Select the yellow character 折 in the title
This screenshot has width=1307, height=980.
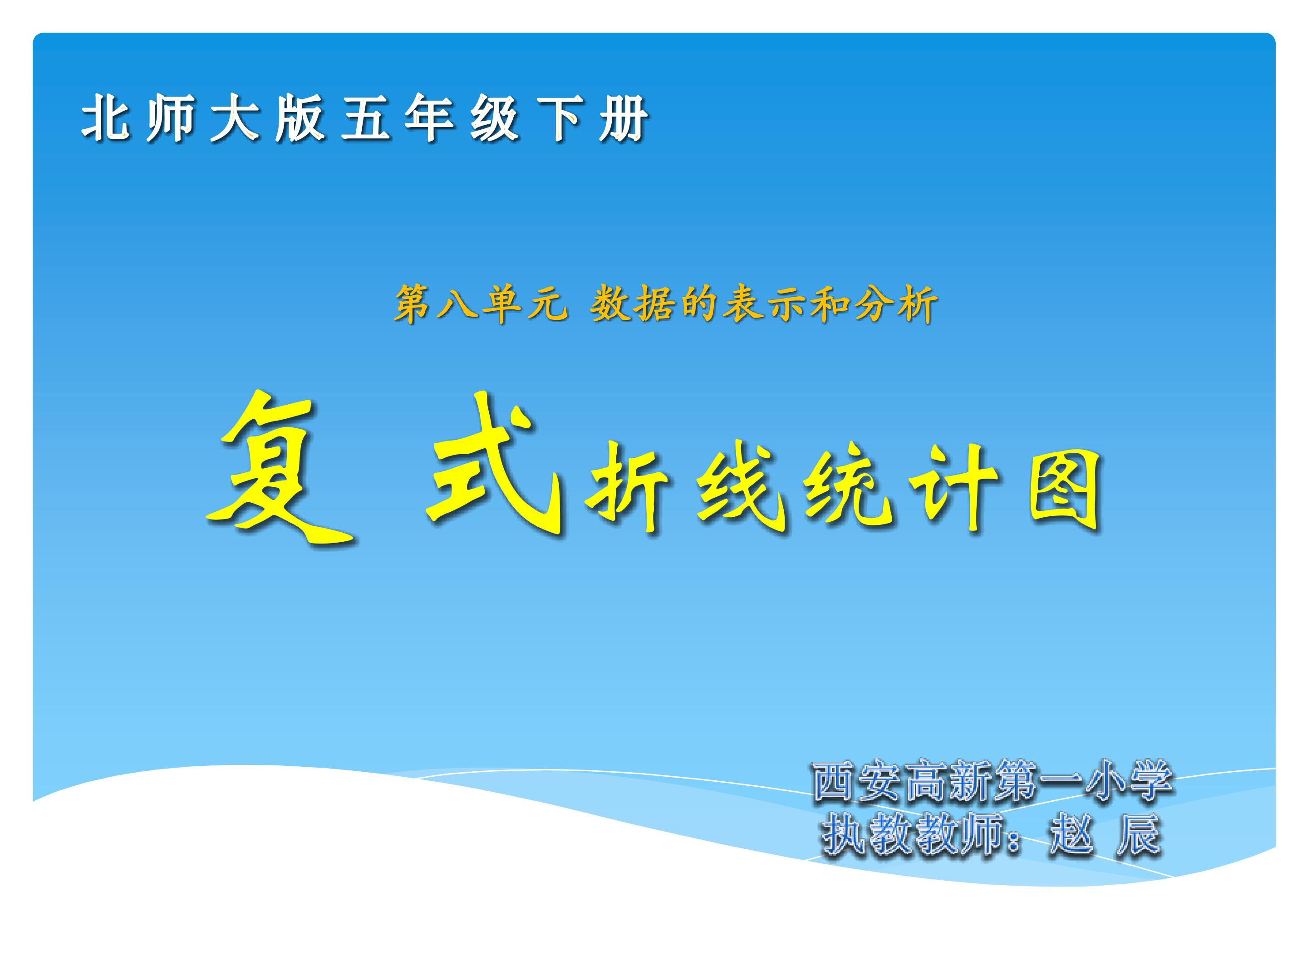click(x=626, y=487)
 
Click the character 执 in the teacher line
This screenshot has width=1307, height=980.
click(x=845, y=834)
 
